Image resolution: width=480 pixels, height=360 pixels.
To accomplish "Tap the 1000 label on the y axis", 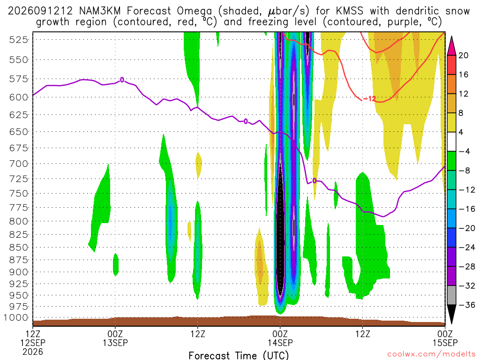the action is [15, 318].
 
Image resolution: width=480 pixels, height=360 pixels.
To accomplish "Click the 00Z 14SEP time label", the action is [280, 338].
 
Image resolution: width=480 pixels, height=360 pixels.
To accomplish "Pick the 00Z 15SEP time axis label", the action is [445, 338].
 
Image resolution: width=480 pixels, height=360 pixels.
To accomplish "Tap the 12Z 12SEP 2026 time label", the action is [33, 343].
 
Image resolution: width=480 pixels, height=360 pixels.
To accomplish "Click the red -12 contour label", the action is [369, 98].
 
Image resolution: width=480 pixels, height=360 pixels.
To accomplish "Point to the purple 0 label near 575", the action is [122, 80].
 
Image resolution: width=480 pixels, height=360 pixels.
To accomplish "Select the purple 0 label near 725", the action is [315, 180].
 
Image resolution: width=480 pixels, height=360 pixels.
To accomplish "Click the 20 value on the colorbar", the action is [463, 55].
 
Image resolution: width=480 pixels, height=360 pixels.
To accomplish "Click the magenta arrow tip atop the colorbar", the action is [451, 37].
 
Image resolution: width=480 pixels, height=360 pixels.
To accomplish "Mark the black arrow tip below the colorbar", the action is [451, 323].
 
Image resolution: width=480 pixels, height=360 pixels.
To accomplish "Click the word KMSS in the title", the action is [350, 11].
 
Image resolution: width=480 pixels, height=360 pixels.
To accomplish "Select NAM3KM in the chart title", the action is [100, 11].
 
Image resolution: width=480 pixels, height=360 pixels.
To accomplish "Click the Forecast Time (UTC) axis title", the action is [239, 355].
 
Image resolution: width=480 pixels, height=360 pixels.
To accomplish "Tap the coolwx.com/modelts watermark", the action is [431, 354].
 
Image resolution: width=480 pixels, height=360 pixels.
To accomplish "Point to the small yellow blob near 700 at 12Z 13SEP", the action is [199, 165].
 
